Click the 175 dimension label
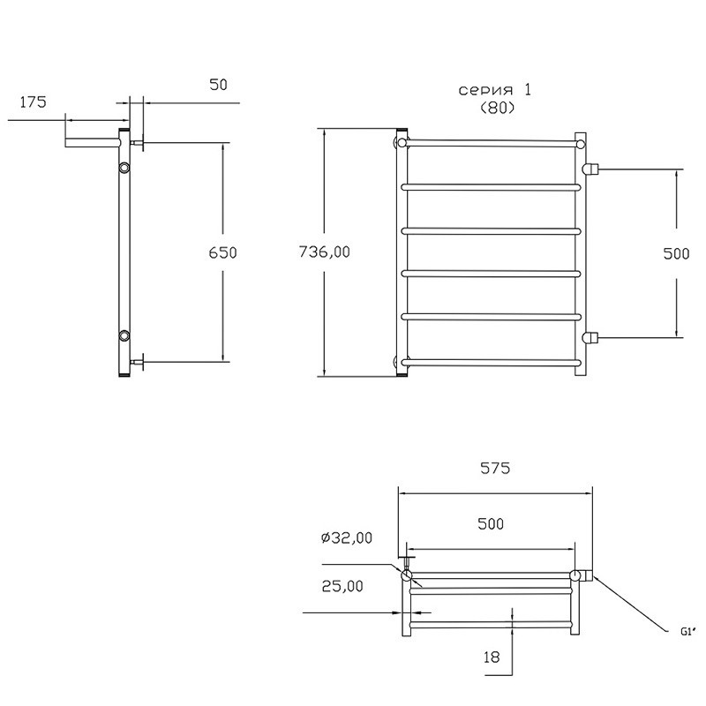(33, 102)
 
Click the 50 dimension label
(219, 85)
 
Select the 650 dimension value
(222, 252)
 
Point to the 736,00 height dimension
(324, 252)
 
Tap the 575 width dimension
(495, 469)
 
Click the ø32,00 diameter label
(347, 537)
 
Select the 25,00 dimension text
(342, 586)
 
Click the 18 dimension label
(492, 657)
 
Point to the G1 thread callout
(687, 632)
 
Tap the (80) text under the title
(497, 108)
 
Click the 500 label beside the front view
(676, 253)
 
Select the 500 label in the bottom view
(491, 523)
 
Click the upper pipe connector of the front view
(590, 169)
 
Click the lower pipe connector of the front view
(590, 337)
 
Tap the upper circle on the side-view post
(124, 168)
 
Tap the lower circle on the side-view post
(124, 335)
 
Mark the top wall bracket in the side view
(138, 143)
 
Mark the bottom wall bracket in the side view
(138, 362)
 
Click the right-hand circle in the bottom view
(575, 575)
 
